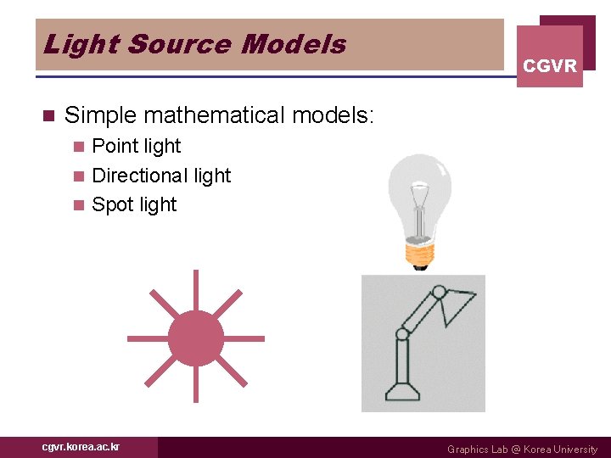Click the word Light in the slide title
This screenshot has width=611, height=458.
click(70, 44)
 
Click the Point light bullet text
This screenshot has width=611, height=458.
click(136, 147)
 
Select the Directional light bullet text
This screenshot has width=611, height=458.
click(161, 176)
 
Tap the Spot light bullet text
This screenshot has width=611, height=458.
click(134, 204)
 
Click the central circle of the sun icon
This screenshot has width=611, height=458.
click(196, 338)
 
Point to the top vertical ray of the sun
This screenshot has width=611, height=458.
click(196, 288)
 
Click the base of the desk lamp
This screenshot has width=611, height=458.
click(402, 393)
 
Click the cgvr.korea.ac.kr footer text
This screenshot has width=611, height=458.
click(81, 447)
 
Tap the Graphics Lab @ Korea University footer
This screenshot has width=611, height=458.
click(522, 450)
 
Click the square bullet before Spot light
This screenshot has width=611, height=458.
click(79, 205)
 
